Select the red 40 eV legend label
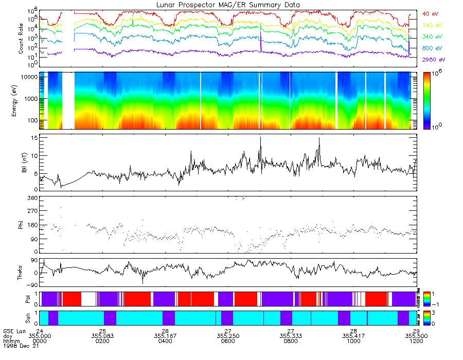click(x=430, y=13)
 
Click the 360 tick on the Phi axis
click(x=32, y=198)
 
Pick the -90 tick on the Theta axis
click(x=31, y=285)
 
